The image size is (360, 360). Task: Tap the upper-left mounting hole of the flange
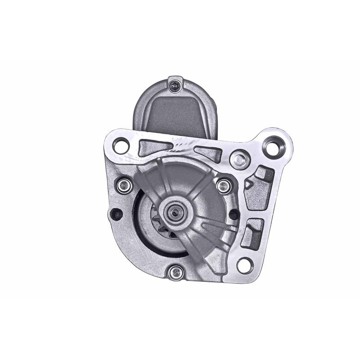tap(121, 145)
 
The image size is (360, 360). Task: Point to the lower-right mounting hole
tap(243, 264)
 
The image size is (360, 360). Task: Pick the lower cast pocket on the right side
tap(253, 232)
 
